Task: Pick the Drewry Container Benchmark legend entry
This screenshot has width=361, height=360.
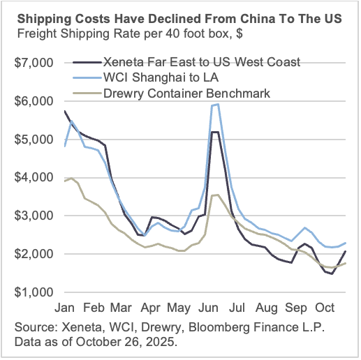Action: [184, 93]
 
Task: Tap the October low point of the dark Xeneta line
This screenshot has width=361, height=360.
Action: [332, 273]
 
